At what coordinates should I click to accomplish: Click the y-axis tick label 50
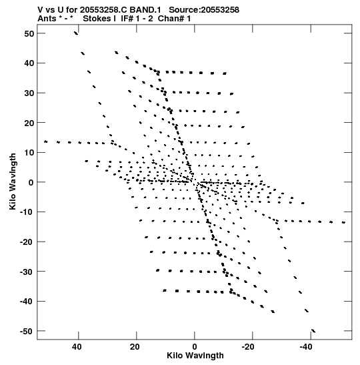pyautogui.click(x=29, y=33)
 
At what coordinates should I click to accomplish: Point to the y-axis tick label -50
pyautogui.click(x=27, y=331)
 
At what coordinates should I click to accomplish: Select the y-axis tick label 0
pyautogui.click(x=31, y=182)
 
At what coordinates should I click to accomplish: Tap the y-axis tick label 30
pyautogui.click(x=29, y=93)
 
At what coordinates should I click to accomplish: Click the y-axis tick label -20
pyautogui.click(x=27, y=242)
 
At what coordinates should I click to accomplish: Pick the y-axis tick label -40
pyautogui.click(x=27, y=302)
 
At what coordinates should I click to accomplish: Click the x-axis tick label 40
pyautogui.click(x=77, y=347)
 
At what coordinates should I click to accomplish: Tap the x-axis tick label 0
pyautogui.click(x=195, y=347)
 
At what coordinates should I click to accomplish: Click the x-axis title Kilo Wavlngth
pyautogui.click(x=195, y=356)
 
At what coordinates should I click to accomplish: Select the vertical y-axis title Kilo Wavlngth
pyautogui.click(x=13, y=181)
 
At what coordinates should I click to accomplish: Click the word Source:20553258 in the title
pyautogui.click(x=204, y=10)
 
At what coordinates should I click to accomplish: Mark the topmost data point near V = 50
pyautogui.click(x=76, y=33)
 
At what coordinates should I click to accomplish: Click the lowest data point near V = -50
pyautogui.click(x=313, y=331)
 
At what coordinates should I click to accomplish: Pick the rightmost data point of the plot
pyautogui.click(x=343, y=223)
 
